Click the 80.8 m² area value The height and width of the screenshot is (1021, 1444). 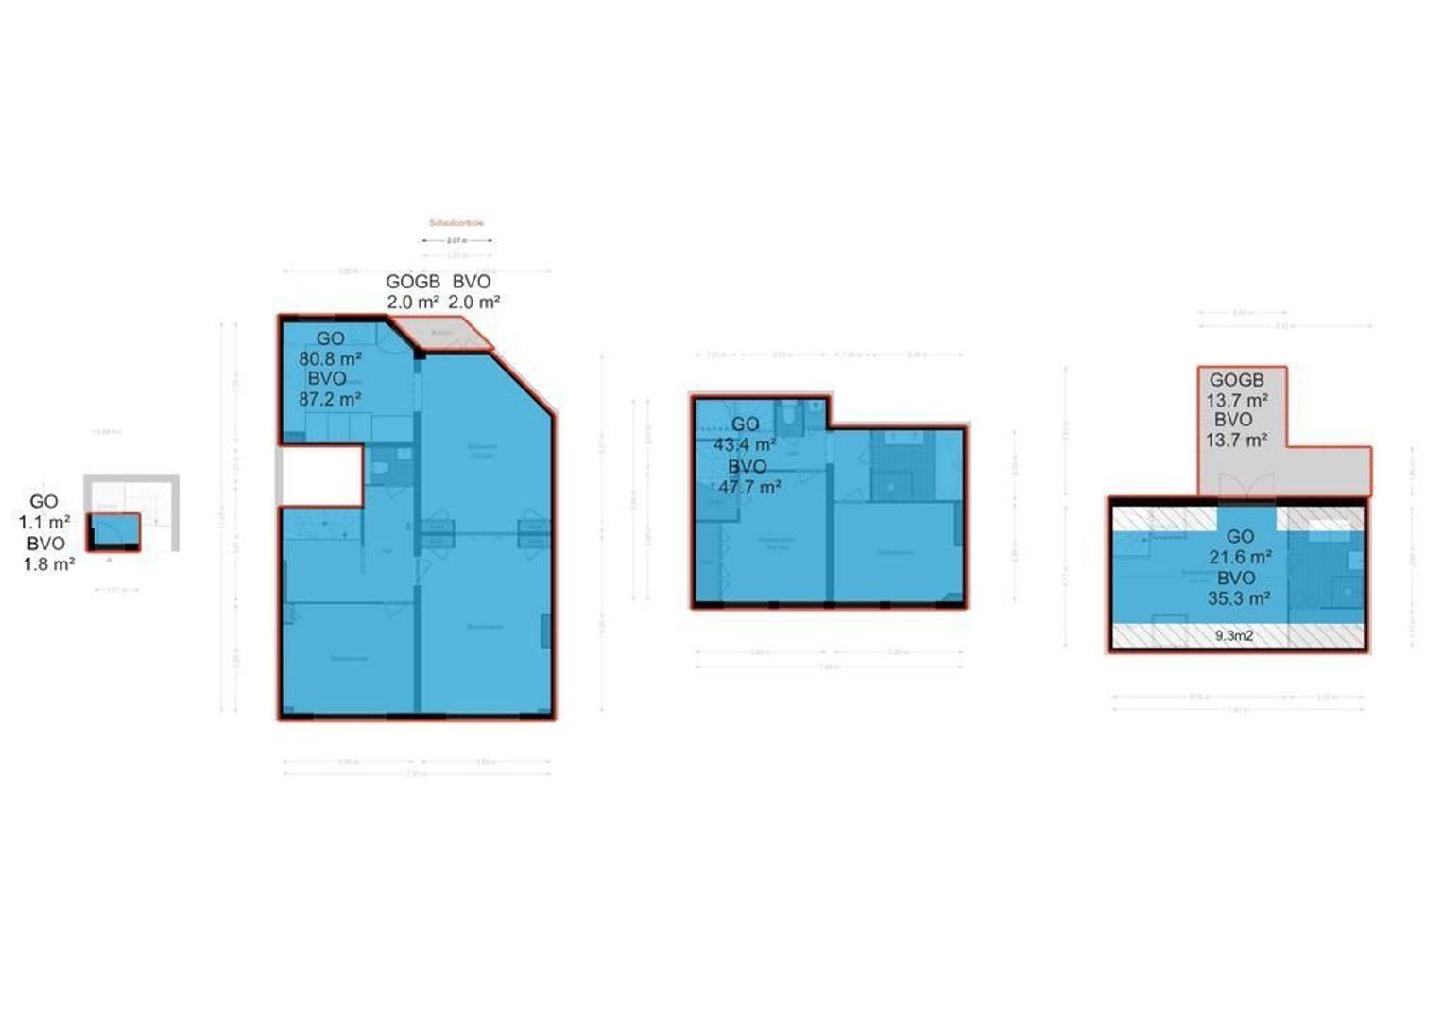point(330,358)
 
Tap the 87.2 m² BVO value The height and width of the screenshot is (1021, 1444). point(330,399)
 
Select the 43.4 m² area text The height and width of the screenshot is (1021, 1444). point(745,444)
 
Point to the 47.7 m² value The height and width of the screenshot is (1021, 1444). point(748,487)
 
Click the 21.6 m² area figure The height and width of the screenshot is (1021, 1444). point(1240,557)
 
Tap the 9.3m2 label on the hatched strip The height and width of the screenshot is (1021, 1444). point(1234,636)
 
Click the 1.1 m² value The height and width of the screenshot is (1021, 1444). point(44,522)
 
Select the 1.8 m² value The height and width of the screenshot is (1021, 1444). point(49,564)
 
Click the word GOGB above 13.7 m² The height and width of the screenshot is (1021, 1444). point(1236,380)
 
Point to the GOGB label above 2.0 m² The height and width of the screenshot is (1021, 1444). point(413,282)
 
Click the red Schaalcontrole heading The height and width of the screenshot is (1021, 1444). point(456,223)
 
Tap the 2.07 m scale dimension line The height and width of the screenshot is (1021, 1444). point(456,241)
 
